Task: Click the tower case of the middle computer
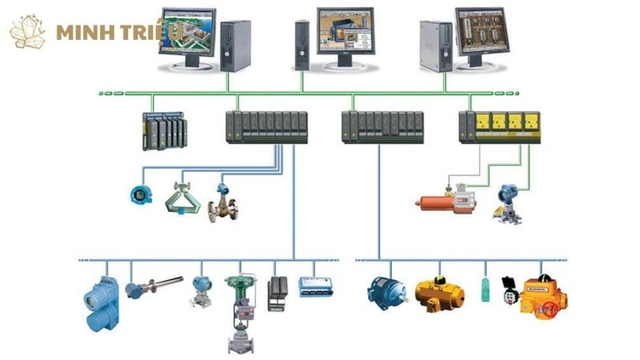302,45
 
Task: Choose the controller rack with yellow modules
499,126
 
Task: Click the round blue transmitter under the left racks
140,194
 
